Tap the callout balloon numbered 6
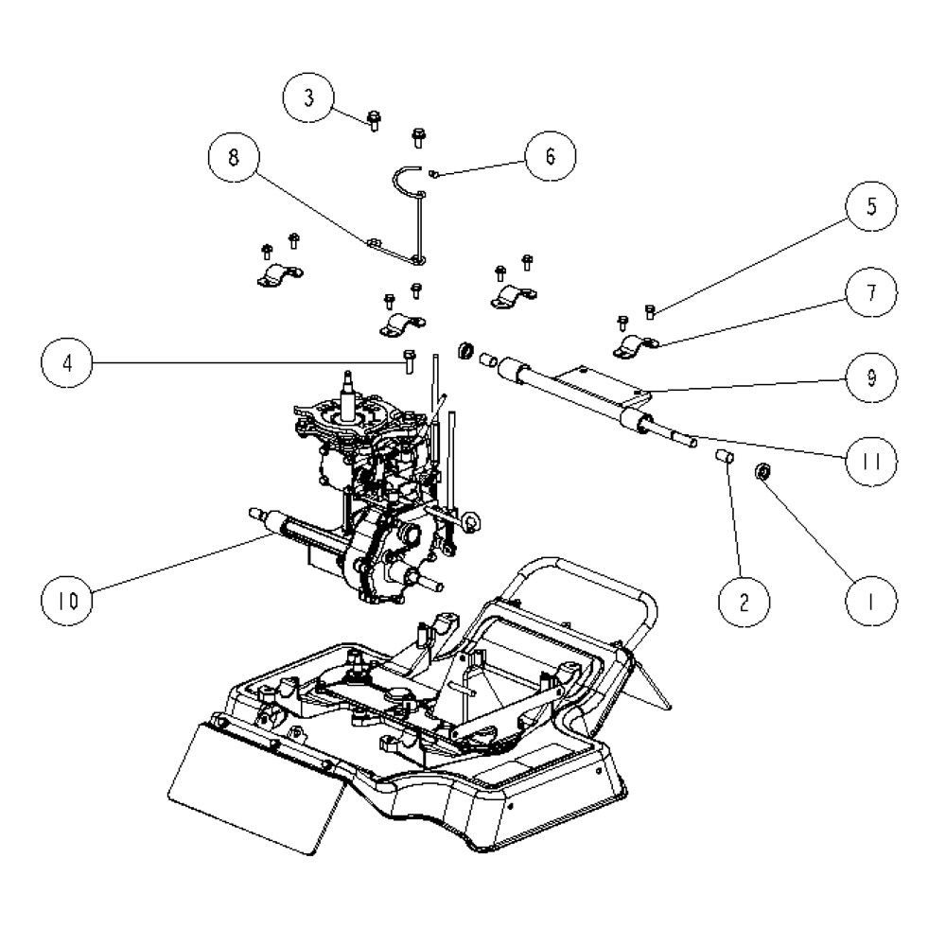(x=550, y=157)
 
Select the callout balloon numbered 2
(x=745, y=599)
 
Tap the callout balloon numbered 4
(x=69, y=362)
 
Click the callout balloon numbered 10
(x=69, y=598)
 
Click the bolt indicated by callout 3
(x=375, y=120)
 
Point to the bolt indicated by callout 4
(x=408, y=360)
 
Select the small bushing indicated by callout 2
(x=725, y=460)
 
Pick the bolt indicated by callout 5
(x=651, y=309)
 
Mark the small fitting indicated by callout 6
(x=434, y=173)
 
